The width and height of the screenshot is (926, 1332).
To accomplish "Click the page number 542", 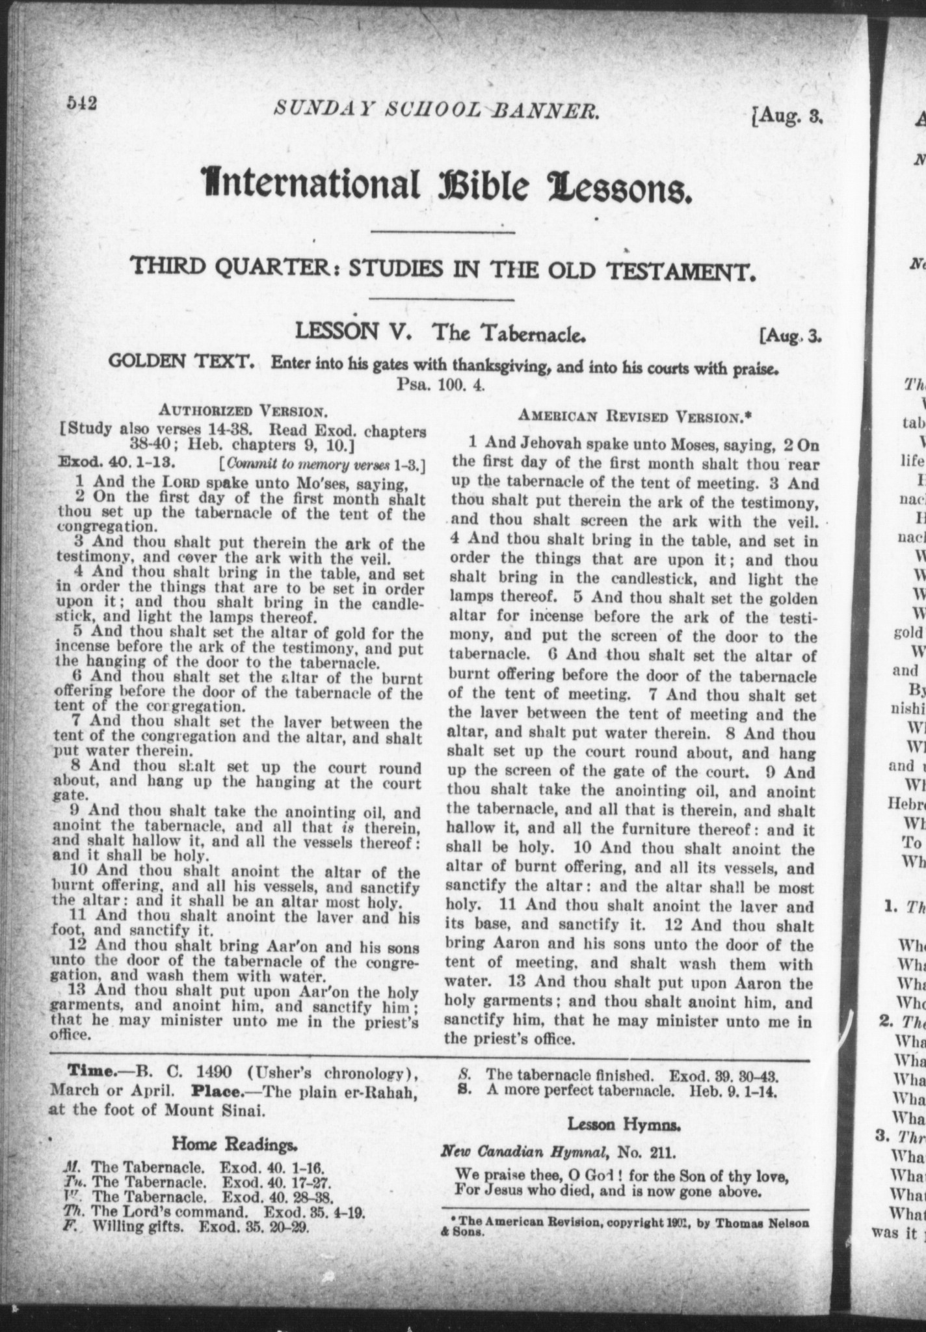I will click(x=81, y=104).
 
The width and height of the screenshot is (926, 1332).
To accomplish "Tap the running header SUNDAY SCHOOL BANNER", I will click(x=436, y=111).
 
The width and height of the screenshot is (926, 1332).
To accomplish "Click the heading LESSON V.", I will click(x=352, y=332).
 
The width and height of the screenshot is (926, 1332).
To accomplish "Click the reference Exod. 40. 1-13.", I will click(x=114, y=462).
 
